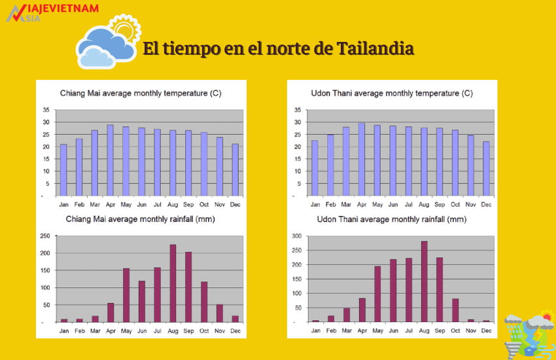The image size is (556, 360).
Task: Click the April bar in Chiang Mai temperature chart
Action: tap(111, 160)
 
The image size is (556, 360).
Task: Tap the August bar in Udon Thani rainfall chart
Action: tap(424, 281)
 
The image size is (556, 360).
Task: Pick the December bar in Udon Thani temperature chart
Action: tap(486, 168)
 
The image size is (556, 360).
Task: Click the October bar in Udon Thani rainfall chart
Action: tap(455, 310)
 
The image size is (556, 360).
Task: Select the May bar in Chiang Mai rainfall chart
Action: tap(126, 295)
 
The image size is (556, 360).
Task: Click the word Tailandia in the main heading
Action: tap(374, 49)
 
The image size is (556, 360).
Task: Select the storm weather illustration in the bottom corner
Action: tap(529, 334)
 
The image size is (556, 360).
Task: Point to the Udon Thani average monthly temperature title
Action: tap(392, 94)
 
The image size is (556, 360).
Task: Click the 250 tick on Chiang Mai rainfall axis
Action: tap(45, 236)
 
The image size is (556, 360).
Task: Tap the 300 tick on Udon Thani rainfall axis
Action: tap(296, 236)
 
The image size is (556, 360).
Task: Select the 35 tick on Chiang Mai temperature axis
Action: tap(46, 109)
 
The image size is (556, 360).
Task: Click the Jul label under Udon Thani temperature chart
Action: tap(408, 205)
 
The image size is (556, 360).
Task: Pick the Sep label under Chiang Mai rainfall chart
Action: tap(189, 331)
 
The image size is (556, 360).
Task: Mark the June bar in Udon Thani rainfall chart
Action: tap(392, 291)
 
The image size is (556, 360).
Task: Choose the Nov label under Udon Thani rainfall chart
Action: tap(470, 331)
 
